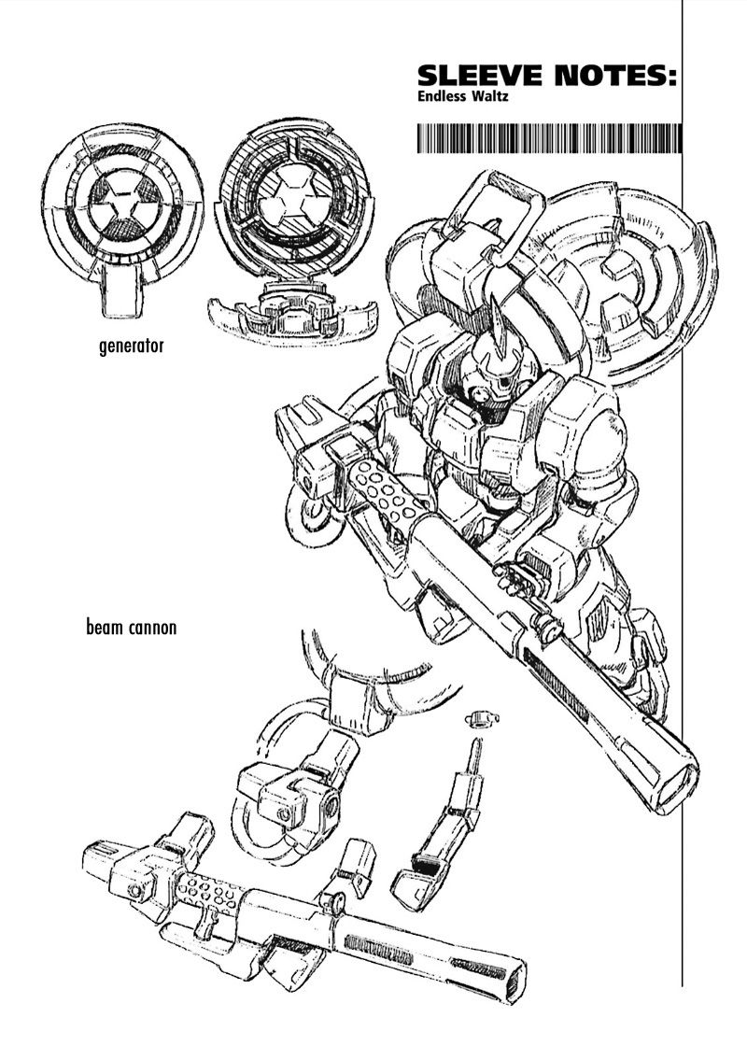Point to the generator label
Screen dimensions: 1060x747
pos(131,347)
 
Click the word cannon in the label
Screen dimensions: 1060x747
pos(150,628)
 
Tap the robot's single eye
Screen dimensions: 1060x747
pos(505,383)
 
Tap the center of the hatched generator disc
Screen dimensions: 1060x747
pos(282,199)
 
